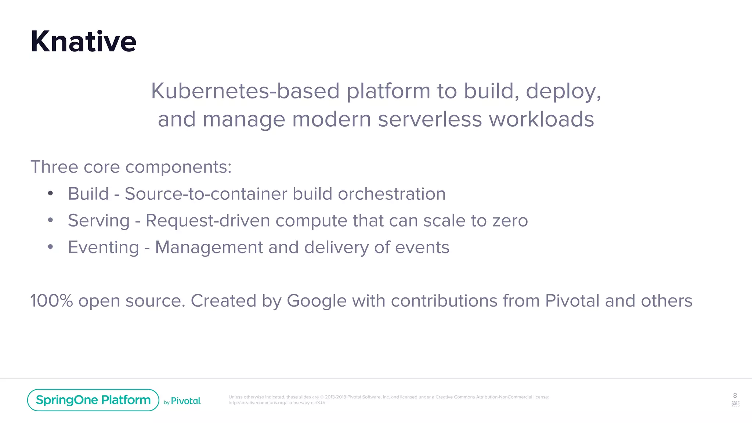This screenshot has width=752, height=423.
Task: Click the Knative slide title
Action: click(x=83, y=41)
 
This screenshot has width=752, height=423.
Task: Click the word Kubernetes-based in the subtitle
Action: click(x=245, y=91)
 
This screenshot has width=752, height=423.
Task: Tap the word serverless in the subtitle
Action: click(x=430, y=119)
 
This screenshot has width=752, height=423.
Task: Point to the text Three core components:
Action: click(x=131, y=167)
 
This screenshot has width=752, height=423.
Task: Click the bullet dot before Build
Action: click(x=51, y=193)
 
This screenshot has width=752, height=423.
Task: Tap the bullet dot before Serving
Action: click(x=51, y=220)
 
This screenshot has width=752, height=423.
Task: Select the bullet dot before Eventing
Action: click(x=51, y=247)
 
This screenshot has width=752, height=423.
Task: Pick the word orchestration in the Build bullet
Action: click(x=391, y=194)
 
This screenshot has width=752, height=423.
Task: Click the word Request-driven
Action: click(x=208, y=220)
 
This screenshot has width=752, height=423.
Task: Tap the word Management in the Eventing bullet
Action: click(x=209, y=247)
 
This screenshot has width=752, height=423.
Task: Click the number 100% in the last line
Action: click(x=51, y=301)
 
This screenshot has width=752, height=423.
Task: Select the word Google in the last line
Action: click(x=317, y=301)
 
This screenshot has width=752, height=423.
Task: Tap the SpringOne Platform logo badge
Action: click(x=93, y=400)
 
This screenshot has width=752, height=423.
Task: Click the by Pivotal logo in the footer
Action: click(x=182, y=401)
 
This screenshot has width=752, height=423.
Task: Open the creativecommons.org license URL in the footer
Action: click(x=276, y=403)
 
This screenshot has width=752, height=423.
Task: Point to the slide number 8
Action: click(x=735, y=395)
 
